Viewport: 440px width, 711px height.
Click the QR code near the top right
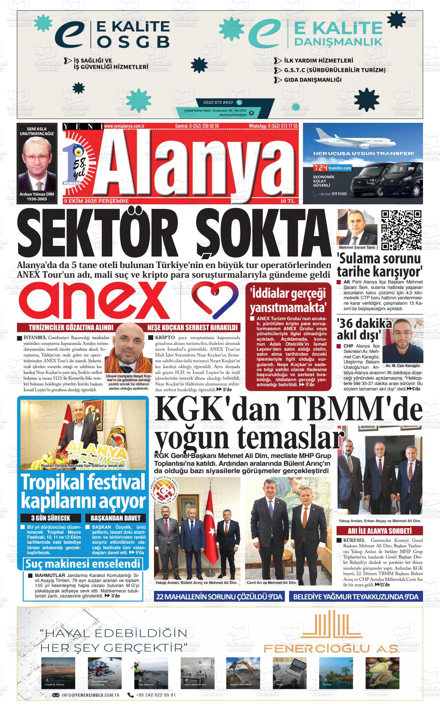(x=401, y=230)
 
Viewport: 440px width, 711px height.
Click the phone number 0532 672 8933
(x=218, y=102)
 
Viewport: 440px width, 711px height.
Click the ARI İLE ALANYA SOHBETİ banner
(x=380, y=531)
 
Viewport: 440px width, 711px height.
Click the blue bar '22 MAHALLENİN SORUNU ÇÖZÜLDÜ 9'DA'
(x=219, y=597)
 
